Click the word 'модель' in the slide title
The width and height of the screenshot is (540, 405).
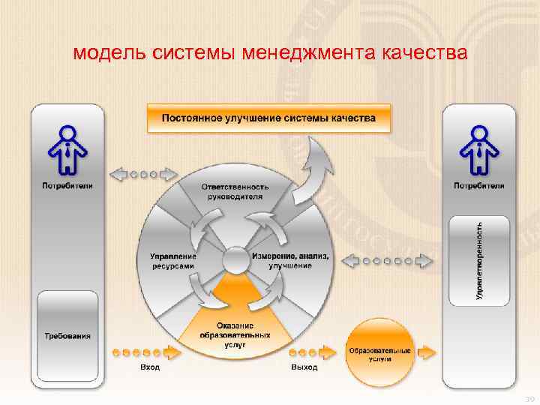tap(112, 55)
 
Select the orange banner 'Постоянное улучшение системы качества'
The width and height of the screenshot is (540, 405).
tap(268, 118)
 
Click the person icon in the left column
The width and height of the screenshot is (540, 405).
tap(67, 148)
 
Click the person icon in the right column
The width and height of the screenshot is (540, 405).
tap(478, 148)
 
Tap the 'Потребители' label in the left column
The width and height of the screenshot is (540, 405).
tap(67, 186)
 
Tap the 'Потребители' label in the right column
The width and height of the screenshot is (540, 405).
tap(478, 185)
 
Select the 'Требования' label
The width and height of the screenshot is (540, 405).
tap(67, 336)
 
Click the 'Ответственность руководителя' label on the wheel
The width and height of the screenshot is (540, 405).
tap(235, 191)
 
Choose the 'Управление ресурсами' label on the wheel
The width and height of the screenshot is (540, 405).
tap(172, 260)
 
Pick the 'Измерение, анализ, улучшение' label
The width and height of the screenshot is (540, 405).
tap(291, 261)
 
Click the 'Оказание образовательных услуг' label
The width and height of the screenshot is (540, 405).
tap(235, 334)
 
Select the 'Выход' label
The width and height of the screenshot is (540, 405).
tap(304, 367)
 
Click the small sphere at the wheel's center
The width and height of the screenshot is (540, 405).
tap(235, 260)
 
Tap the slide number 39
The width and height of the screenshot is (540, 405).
tap(528, 398)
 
